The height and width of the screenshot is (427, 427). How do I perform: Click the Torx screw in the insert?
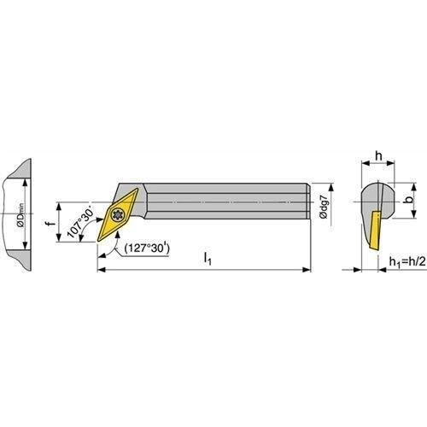pos(118,214)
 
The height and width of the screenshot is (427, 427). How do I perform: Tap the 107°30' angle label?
pos(80,220)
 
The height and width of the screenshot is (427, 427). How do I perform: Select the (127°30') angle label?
pos(147,249)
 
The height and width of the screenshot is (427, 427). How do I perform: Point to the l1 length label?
pos(208,259)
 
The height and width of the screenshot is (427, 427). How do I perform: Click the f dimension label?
pos(51,223)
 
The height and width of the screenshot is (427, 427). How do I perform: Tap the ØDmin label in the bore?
pos(21,215)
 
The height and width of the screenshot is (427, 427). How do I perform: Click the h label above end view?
pos(378,156)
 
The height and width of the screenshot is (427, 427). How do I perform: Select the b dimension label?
pos(409,200)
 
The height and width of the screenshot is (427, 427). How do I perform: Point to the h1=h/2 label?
pos(407,261)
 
